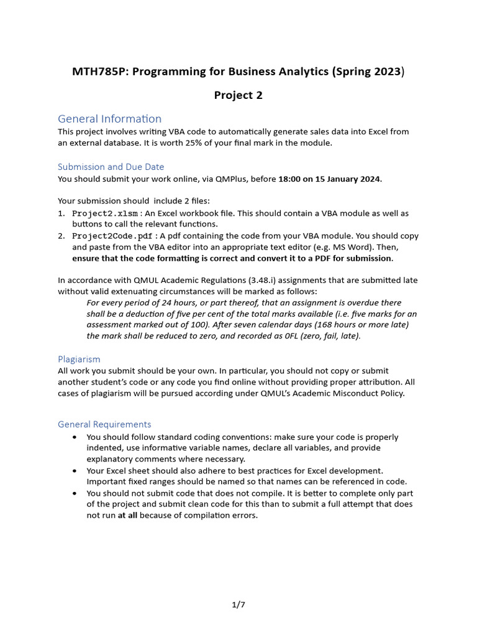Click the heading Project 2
click(238, 95)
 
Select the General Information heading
click(109, 118)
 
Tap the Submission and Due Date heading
click(111, 166)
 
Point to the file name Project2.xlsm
click(106, 213)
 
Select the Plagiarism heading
click(79, 359)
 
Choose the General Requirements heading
click(104, 424)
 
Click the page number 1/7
click(238, 603)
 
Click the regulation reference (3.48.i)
click(263, 280)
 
